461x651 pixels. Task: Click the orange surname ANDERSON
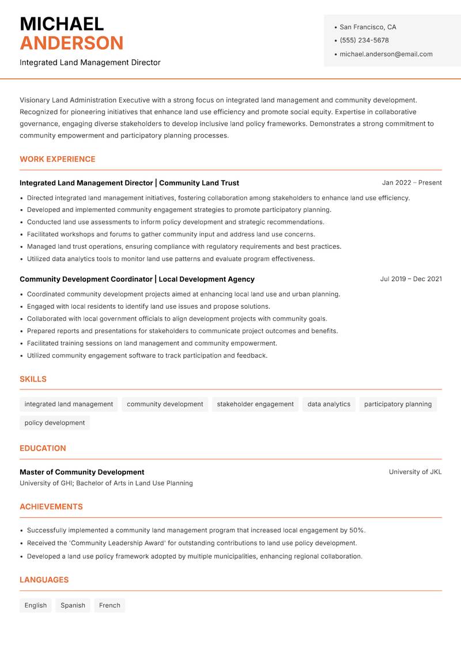(71, 43)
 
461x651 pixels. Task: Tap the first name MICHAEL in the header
(62, 24)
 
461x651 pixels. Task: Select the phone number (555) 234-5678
(364, 40)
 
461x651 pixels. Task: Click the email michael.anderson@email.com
(386, 54)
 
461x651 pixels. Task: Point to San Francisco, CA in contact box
(368, 27)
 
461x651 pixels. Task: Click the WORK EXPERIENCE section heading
(58, 159)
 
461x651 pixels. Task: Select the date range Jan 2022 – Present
(411, 183)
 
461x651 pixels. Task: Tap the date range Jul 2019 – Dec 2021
(410, 279)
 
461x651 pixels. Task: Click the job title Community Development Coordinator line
(137, 279)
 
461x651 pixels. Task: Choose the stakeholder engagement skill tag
(255, 404)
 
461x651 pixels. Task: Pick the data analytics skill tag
(328, 404)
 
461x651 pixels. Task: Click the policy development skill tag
(55, 423)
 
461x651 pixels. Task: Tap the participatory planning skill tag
(398, 404)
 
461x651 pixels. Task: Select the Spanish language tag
(73, 605)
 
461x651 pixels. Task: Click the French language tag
(109, 605)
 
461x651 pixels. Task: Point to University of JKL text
(415, 472)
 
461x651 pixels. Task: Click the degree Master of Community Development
(82, 472)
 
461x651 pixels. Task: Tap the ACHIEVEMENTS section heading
(51, 507)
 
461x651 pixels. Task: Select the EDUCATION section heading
(43, 448)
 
